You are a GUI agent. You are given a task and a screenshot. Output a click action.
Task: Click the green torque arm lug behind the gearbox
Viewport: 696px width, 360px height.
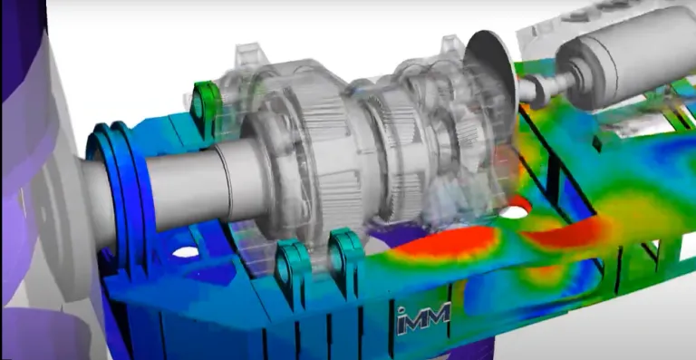[x=206, y=102]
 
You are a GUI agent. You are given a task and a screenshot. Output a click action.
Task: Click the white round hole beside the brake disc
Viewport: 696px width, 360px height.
[x=515, y=211]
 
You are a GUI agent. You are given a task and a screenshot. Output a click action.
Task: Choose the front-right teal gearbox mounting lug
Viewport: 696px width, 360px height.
[x=345, y=259]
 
